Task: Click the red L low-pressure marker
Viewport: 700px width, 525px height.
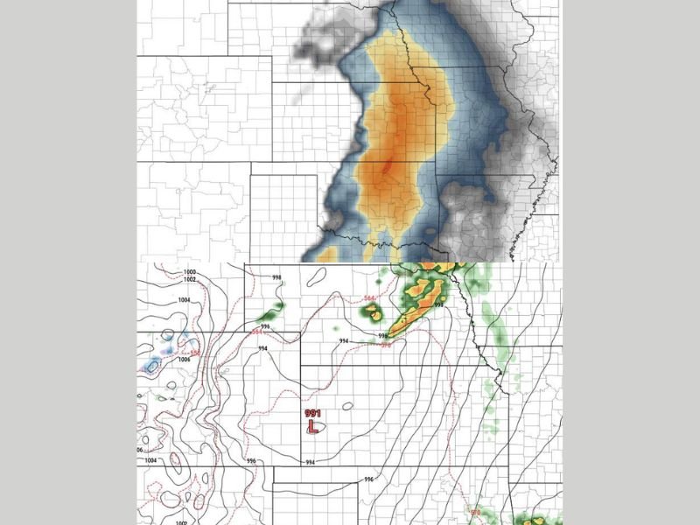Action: click(311, 427)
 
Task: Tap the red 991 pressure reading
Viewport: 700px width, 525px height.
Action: click(311, 413)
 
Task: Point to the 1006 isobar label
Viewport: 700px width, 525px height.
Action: click(184, 359)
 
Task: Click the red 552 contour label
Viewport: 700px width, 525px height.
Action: click(195, 353)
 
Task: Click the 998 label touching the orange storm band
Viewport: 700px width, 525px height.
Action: click(438, 305)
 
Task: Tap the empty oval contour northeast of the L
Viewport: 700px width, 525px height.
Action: click(347, 406)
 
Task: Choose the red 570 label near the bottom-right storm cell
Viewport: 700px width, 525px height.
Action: click(475, 512)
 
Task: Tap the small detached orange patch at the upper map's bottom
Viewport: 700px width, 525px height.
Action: click(326, 255)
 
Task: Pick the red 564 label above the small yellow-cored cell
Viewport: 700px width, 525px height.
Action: click(369, 298)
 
